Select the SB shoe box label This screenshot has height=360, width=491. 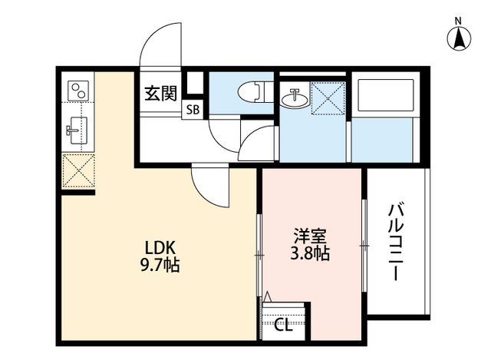tap(192, 110)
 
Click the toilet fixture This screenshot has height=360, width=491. tap(249, 92)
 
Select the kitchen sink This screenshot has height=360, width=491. tap(77, 129)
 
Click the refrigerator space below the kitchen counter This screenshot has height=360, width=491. tap(77, 170)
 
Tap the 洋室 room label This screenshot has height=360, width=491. tap(311, 235)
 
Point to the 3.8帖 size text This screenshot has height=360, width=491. tap(311, 253)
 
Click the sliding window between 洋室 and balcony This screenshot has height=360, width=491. tap(364, 246)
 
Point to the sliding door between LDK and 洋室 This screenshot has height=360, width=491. tap(259, 253)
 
